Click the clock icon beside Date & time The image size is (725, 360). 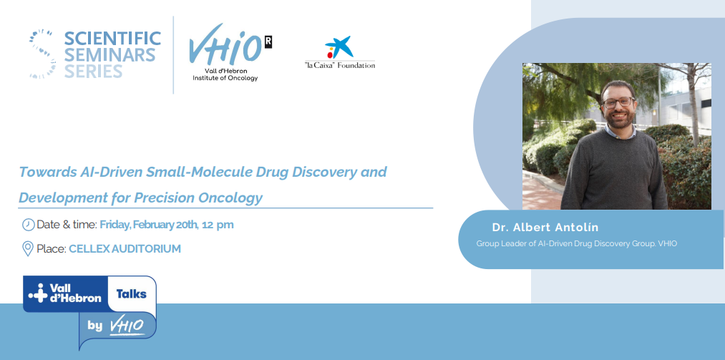[x=28, y=225]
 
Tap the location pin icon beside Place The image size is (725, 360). [x=28, y=248]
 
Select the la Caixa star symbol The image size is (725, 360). [x=339, y=47]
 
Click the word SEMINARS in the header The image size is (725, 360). [x=110, y=55]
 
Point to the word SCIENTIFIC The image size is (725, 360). [x=112, y=39]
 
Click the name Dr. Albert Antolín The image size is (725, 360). [x=545, y=228]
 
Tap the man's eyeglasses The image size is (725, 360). [x=618, y=102]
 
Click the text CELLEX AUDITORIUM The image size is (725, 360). [x=125, y=248]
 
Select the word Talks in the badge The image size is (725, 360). [x=131, y=294]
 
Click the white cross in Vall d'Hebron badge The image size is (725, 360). [x=37, y=293]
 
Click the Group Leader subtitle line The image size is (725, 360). [x=577, y=243]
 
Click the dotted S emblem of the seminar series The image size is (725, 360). [x=43, y=54]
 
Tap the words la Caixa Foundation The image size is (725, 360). [x=340, y=65]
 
